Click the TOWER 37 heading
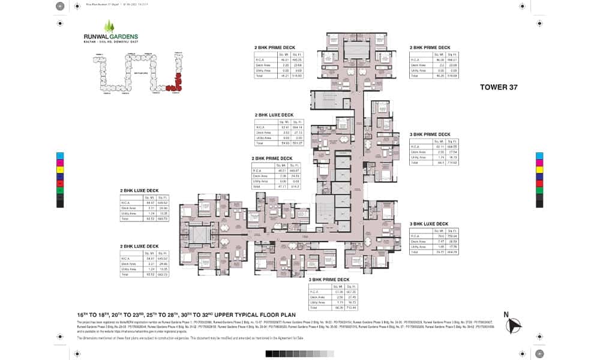click(498, 87)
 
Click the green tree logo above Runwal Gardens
click(109, 26)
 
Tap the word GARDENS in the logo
click(124, 37)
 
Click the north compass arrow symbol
click(514, 326)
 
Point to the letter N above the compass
click(506, 314)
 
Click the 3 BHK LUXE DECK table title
click(429, 224)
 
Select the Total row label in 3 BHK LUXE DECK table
click(415, 252)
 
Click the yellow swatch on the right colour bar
click(540, 169)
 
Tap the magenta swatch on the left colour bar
click(60, 162)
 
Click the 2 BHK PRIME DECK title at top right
click(429, 47)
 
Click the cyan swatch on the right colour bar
click(540, 155)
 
